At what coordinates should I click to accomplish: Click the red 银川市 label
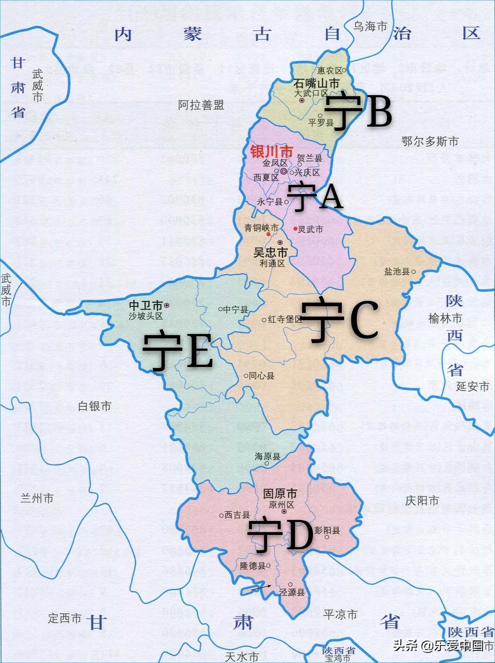tap(272, 152)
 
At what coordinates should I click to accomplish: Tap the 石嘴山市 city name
tap(316, 84)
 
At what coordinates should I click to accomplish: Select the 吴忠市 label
tap(270, 253)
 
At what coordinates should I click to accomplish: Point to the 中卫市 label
tap(146, 305)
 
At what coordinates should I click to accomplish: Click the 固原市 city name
tap(280, 494)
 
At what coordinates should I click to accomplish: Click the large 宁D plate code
tap(280, 536)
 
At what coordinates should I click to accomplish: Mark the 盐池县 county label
tap(397, 272)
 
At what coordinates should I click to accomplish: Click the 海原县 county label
tap(267, 456)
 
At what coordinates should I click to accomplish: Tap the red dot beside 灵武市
tap(295, 229)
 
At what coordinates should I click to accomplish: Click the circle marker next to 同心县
tap(246, 376)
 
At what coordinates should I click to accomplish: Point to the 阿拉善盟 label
tap(201, 105)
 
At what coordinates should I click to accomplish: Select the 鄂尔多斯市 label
tap(430, 142)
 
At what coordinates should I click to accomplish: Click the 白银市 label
tap(95, 406)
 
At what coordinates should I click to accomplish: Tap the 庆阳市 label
tap(422, 501)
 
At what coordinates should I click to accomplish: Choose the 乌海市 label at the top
tap(370, 26)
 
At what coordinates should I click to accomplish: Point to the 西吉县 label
tap(237, 515)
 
